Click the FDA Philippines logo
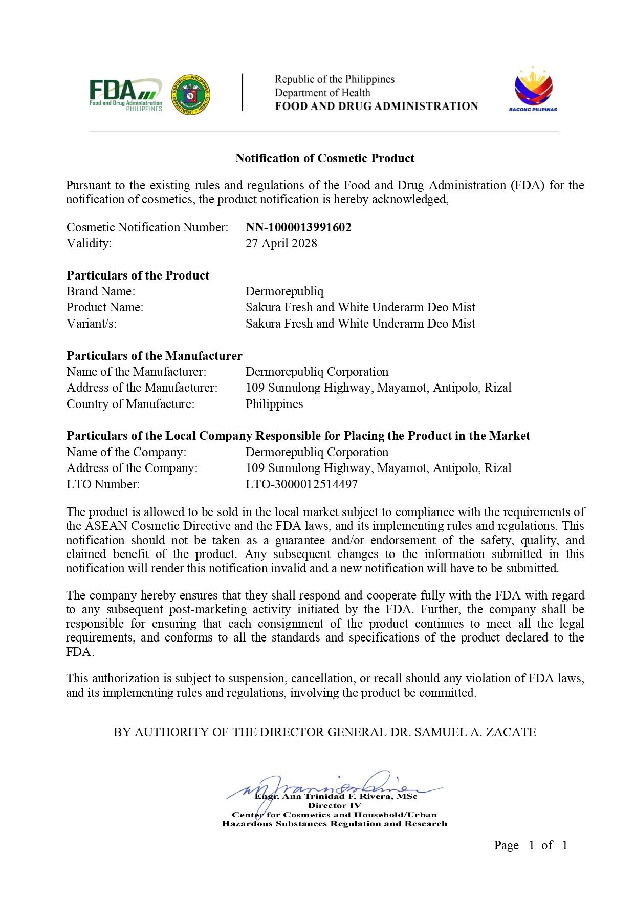point(126,95)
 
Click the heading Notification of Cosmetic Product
point(324,158)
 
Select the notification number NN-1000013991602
point(298,227)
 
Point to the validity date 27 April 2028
point(281,243)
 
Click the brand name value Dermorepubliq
point(284,291)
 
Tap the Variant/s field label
point(92,324)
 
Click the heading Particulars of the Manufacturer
point(154,356)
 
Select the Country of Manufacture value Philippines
point(274,404)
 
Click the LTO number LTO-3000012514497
point(301,484)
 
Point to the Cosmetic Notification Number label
point(147,227)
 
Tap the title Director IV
point(334,805)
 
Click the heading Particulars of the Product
point(138,275)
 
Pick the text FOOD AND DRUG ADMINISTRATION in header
point(376,106)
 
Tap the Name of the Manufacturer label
point(136,372)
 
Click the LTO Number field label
point(103,484)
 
